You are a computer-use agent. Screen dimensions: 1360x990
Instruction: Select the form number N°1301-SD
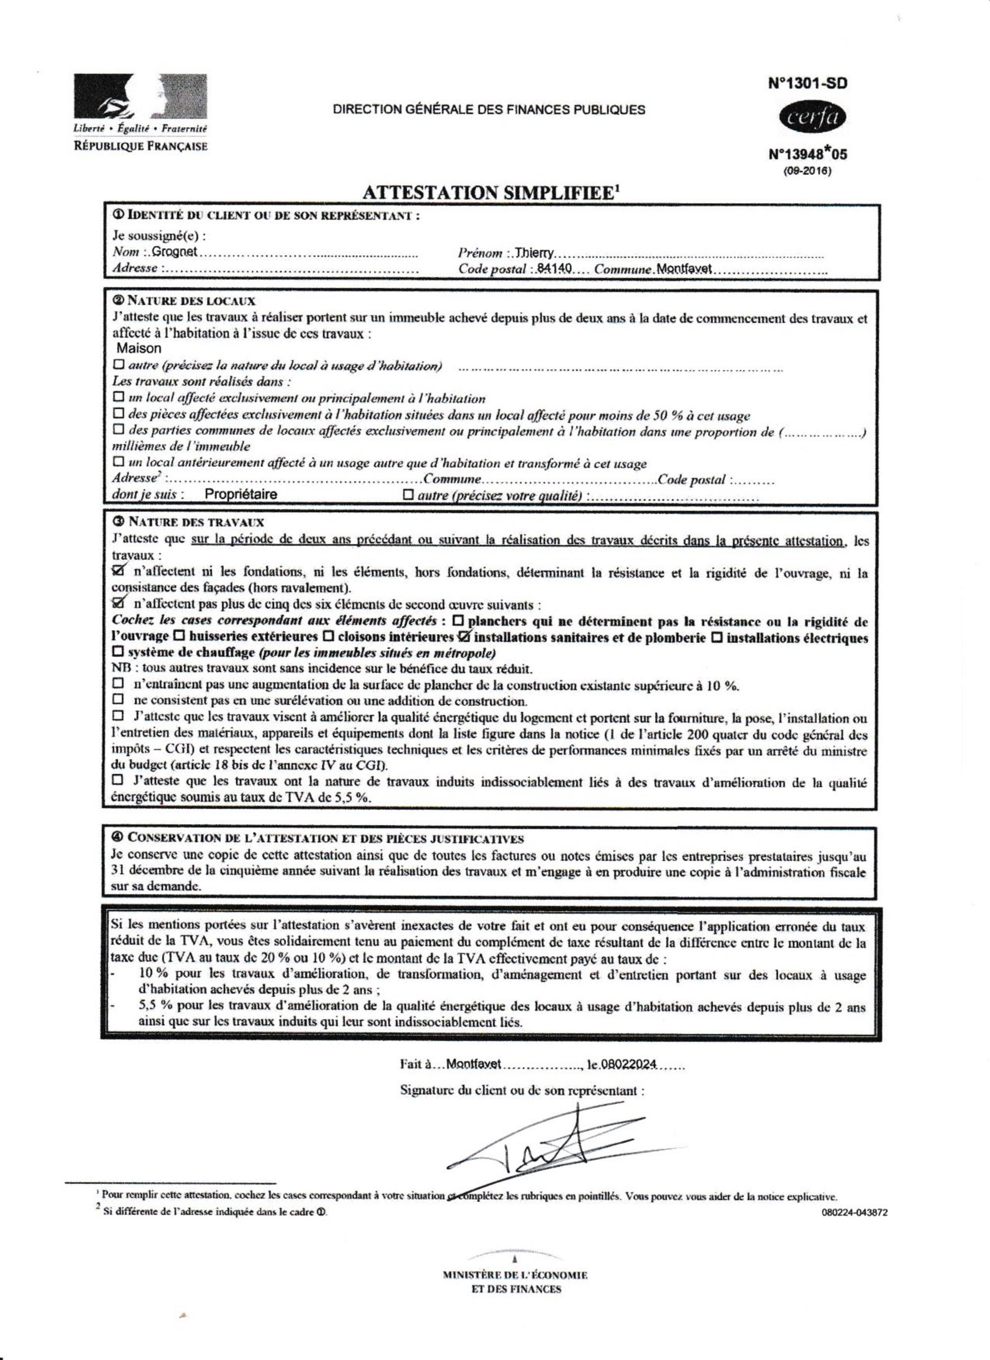(x=808, y=83)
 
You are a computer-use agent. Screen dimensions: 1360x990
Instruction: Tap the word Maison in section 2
(x=139, y=348)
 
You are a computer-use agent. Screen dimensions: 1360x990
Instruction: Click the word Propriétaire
(x=241, y=494)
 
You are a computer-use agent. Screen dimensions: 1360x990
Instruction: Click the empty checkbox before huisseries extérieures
(x=178, y=636)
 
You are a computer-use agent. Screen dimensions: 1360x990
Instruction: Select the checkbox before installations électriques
(x=717, y=637)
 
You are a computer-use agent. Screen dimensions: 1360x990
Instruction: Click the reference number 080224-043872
(x=854, y=1212)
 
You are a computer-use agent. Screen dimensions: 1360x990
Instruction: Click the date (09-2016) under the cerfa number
(x=807, y=171)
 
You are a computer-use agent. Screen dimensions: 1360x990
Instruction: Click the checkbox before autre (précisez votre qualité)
(x=409, y=495)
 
